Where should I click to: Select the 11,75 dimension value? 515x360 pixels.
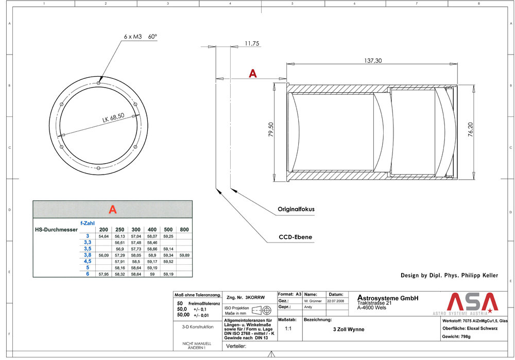tap(252, 44)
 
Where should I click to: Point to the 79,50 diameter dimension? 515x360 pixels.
tap(271, 130)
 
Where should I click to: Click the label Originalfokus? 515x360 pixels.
tap(296, 210)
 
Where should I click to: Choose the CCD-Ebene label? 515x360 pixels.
tap(296, 237)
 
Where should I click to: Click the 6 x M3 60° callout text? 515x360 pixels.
tap(141, 37)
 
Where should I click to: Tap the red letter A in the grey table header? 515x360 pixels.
tap(112, 210)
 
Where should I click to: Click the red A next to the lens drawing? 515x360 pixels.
tap(252, 74)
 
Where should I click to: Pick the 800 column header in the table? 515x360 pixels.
tap(184, 229)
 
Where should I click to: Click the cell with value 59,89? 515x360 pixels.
tap(184, 255)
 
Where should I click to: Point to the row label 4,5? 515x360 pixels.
tap(87, 261)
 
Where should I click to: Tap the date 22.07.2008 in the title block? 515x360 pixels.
tap(337, 300)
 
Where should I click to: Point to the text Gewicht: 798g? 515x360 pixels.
tap(457, 336)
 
